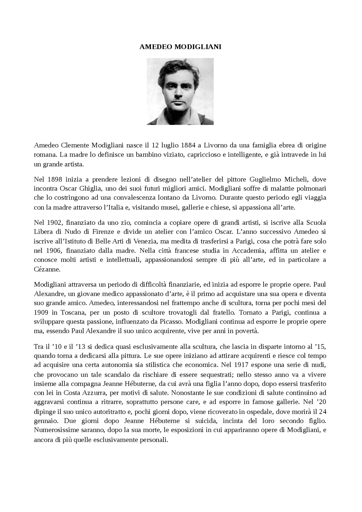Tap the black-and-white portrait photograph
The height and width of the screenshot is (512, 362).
pos(180,91)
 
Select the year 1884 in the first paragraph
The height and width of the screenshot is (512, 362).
pos(188,145)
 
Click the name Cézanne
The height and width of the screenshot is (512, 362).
pos(47,269)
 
